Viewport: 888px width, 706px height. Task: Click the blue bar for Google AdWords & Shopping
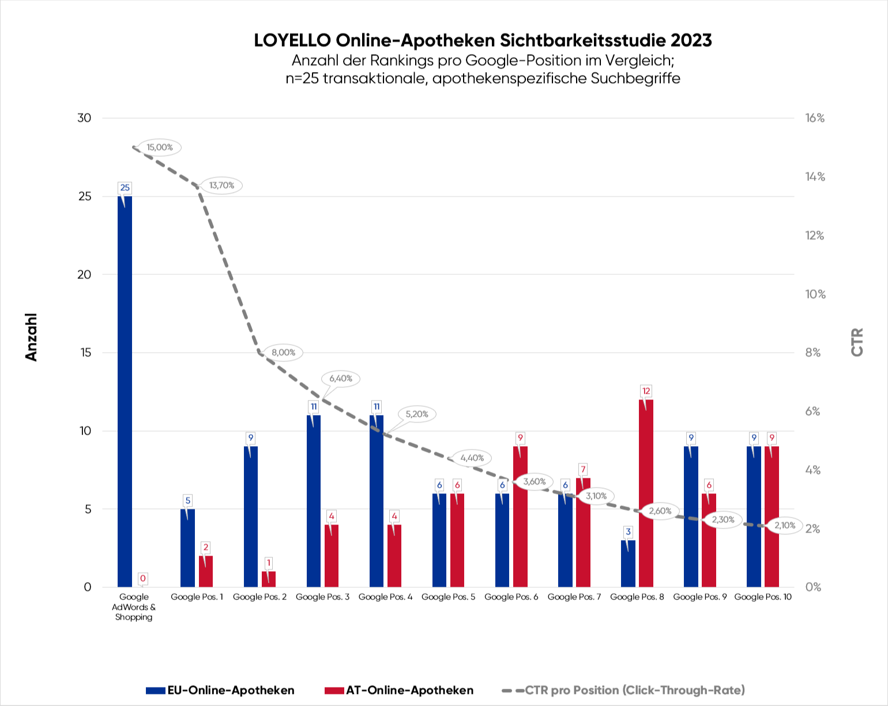coord(125,392)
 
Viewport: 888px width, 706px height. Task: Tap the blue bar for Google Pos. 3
coord(313,501)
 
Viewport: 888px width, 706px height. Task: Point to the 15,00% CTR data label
coord(160,148)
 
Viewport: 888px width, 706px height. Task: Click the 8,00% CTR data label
coord(283,353)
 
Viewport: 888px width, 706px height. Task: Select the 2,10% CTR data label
coord(784,526)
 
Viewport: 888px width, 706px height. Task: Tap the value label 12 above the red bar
coord(646,391)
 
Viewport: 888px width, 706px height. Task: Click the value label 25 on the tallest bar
coord(125,188)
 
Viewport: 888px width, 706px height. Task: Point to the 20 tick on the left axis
coord(85,275)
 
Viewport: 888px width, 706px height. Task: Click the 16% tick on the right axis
coord(815,118)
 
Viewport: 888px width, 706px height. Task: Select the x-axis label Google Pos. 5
coord(448,597)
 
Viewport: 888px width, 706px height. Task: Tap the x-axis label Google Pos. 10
coord(762,597)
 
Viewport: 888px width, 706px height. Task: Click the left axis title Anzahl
coord(32,337)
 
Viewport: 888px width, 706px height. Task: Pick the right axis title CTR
coord(857,342)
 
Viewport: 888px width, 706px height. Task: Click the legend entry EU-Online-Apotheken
coord(221,690)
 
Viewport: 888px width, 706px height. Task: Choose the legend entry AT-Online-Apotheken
coord(400,690)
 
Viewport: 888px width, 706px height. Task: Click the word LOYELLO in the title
coord(292,40)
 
